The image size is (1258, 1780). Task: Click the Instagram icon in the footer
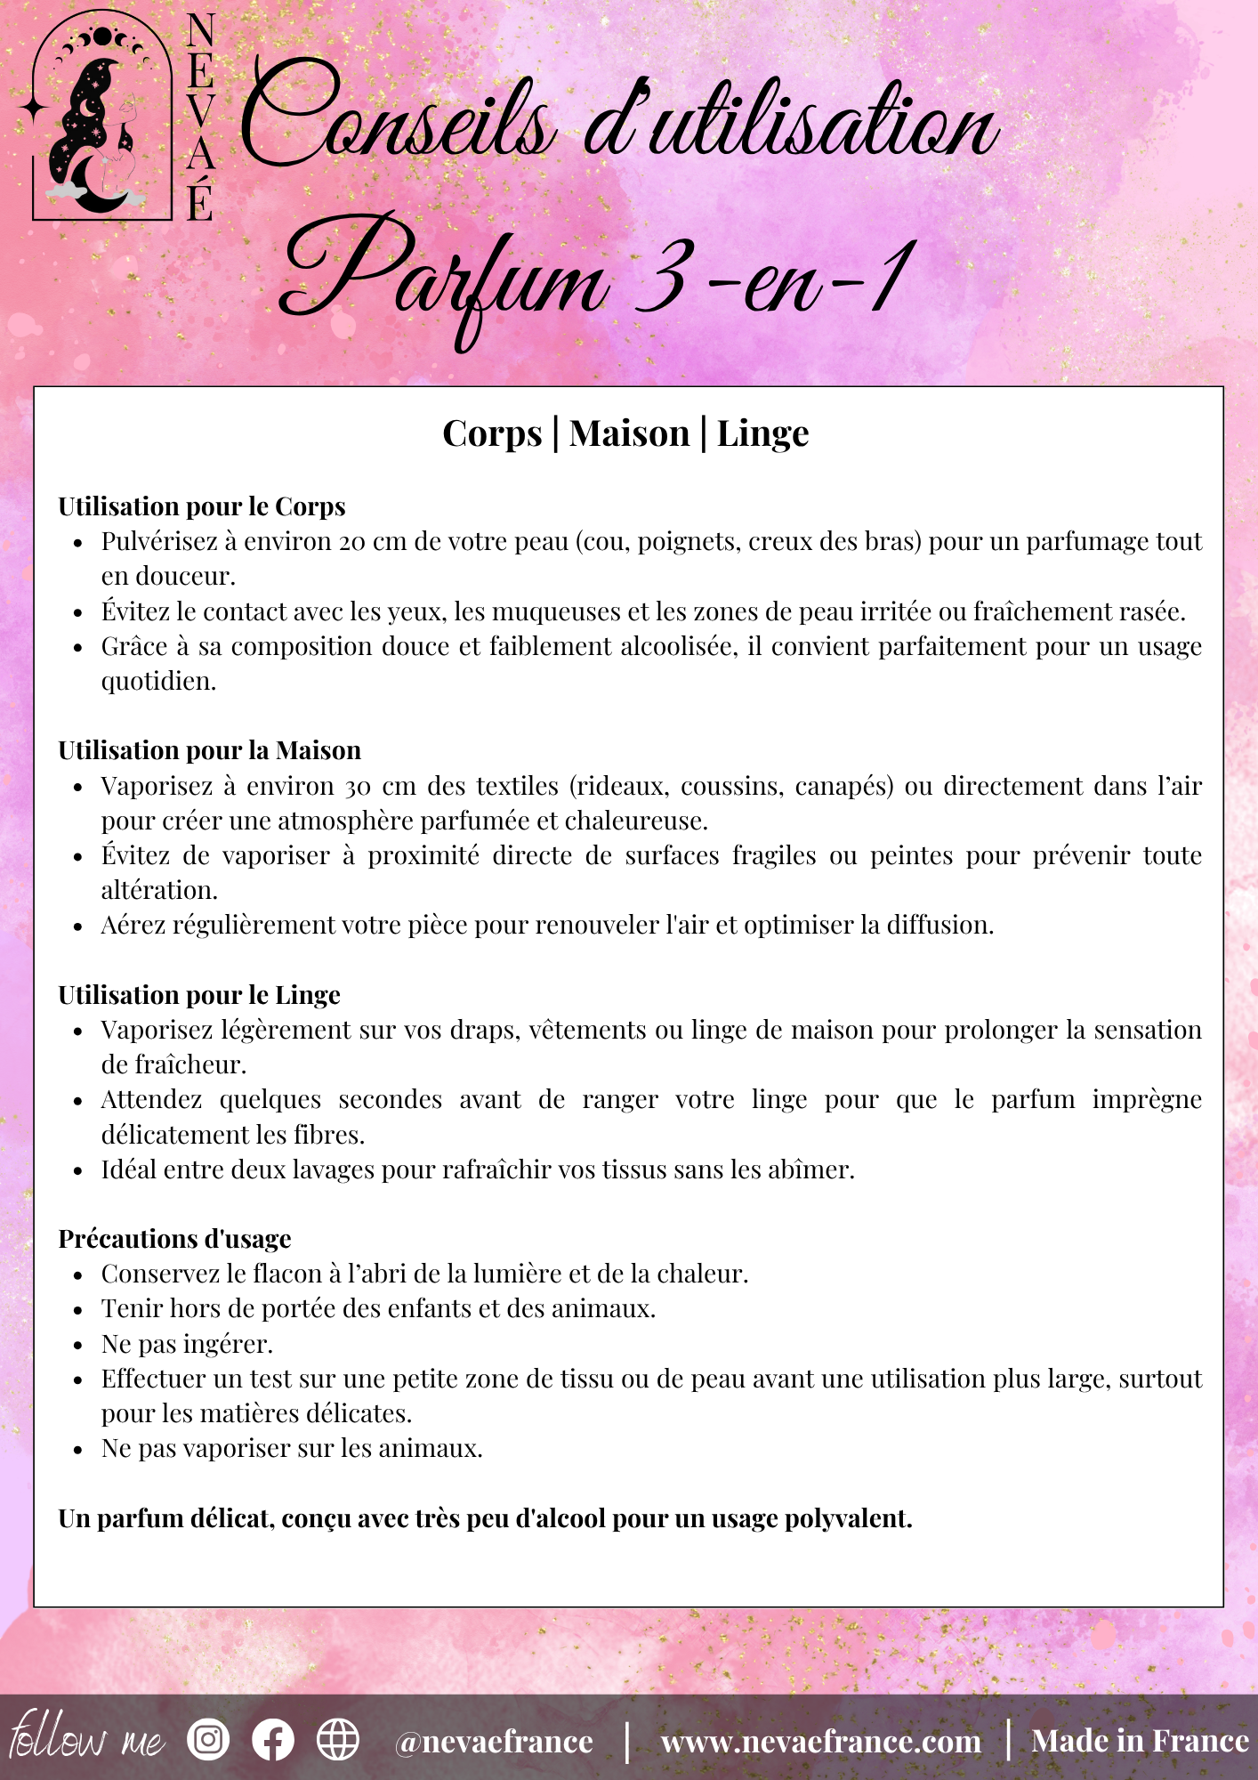coord(208,1739)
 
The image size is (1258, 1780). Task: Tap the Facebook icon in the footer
coord(273,1739)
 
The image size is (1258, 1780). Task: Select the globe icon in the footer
coord(338,1739)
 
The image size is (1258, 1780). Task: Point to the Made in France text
coord(1140,1741)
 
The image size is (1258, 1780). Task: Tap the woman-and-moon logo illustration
coord(100,125)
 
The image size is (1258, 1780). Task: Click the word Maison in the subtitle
coord(629,433)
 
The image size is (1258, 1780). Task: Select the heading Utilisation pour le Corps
coord(202,506)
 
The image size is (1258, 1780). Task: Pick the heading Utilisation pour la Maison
coord(210,750)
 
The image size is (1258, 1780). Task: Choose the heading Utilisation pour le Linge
coord(199,995)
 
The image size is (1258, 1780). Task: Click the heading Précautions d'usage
coord(175,1239)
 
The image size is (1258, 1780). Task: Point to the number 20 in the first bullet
coord(351,542)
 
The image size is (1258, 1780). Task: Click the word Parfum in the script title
coord(445,276)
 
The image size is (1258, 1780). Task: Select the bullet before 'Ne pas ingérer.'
coord(78,1345)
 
